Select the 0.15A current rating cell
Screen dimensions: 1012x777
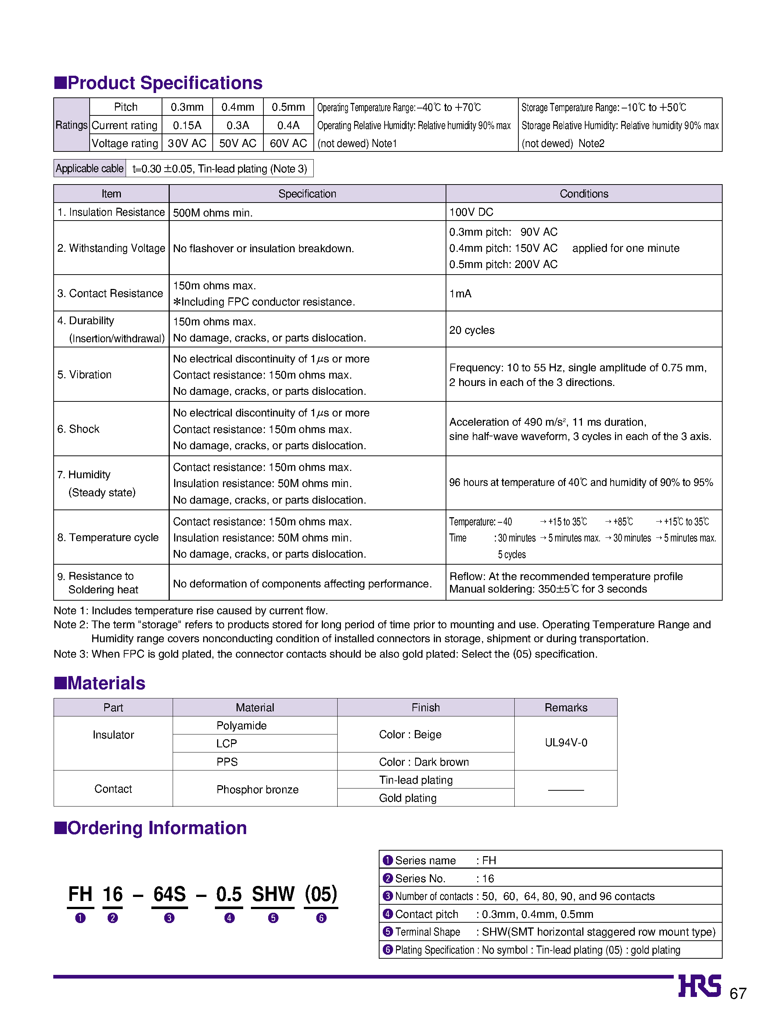pyautogui.click(x=187, y=125)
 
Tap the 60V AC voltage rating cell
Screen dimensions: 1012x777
pyautogui.click(x=288, y=143)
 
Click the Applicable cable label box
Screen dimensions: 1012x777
pyautogui.click(x=90, y=168)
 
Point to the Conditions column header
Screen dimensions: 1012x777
pyautogui.click(x=584, y=193)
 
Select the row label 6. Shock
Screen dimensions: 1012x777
pyautogui.click(x=79, y=429)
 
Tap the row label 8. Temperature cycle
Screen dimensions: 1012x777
pyautogui.click(x=108, y=537)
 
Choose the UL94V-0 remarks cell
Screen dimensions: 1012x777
pyautogui.click(x=566, y=743)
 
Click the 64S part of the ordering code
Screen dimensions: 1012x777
pyautogui.click(x=169, y=894)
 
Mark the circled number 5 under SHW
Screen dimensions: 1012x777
pyautogui.click(x=273, y=918)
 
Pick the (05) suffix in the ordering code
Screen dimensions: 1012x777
pyautogui.click(x=321, y=894)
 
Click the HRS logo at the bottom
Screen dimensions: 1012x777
pyautogui.click(x=699, y=986)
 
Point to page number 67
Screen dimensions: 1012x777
pyautogui.click(x=738, y=993)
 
